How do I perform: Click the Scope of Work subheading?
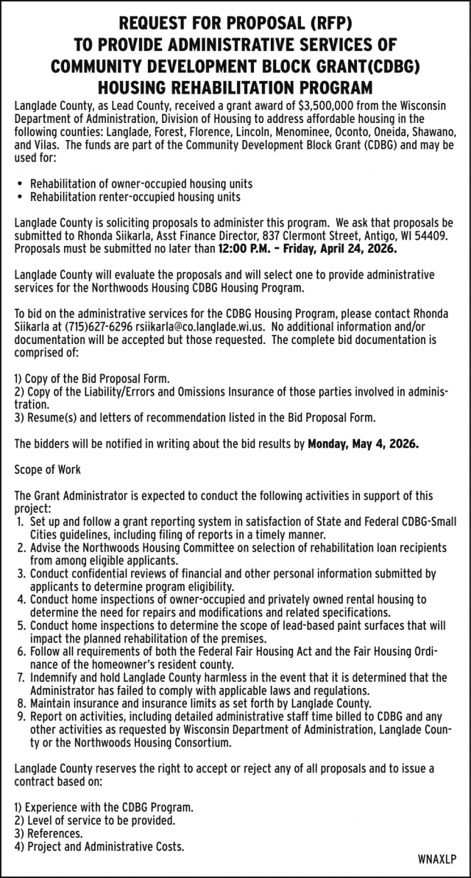tap(48, 469)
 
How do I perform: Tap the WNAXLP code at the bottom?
tap(436, 860)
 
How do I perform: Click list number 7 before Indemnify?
tap(20, 677)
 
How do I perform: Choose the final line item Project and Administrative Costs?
tap(106, 846)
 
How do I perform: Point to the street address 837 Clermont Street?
tap(276, 237)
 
